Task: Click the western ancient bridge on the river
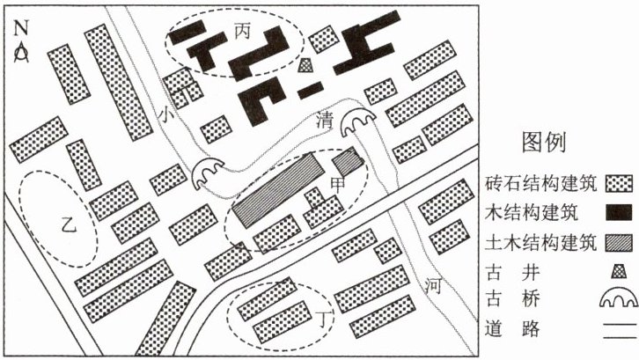tap(209, 173)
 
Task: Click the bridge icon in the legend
tap(618, 301)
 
